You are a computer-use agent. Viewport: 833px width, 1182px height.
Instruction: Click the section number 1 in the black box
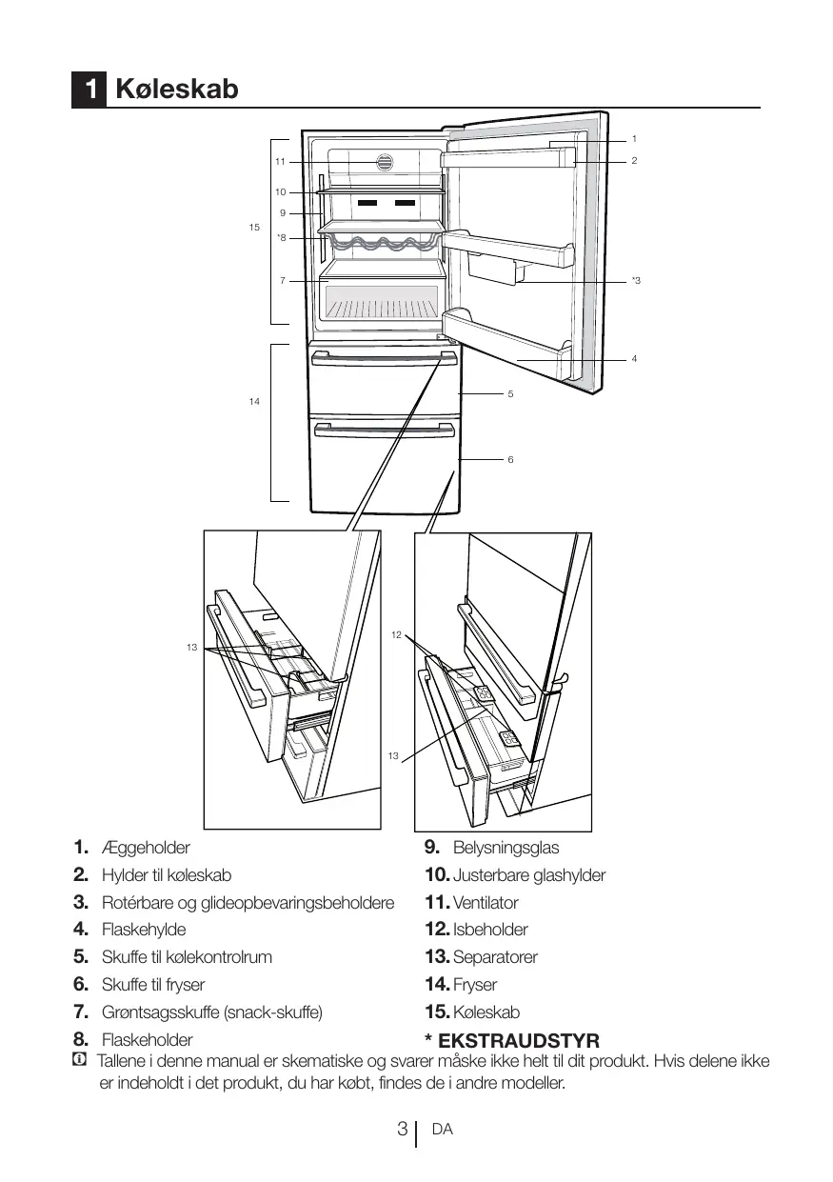coord(89,90)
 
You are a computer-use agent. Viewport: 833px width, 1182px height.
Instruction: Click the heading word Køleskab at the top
coord(176,90)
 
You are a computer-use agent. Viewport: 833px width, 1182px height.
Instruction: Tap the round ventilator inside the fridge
coord(386,162)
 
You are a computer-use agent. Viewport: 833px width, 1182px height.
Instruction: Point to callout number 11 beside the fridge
coord(280,162)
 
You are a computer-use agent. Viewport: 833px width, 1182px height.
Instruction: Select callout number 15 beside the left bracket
coord(254,228)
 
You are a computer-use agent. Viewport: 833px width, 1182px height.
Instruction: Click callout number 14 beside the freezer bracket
coord(254,402)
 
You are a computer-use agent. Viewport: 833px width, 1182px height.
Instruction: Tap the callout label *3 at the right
coord(636,281)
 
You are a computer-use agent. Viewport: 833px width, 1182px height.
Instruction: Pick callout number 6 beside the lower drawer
coord(510,459)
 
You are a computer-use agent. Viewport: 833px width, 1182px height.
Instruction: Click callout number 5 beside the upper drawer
coord(510,392)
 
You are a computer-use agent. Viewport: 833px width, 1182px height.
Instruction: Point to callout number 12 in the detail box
coord(397,633)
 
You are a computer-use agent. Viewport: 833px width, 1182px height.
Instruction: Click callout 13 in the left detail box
coord(192,648)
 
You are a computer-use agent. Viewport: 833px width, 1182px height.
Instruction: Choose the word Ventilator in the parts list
coord(486,902)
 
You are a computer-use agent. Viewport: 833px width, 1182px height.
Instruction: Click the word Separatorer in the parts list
coord(495,957)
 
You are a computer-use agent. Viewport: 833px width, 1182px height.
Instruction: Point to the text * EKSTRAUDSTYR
coord(511,1040)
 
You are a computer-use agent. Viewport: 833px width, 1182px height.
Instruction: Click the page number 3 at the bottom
coord(403,1130)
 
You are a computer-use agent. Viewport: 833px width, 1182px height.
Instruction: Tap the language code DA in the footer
coord(442,1130)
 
